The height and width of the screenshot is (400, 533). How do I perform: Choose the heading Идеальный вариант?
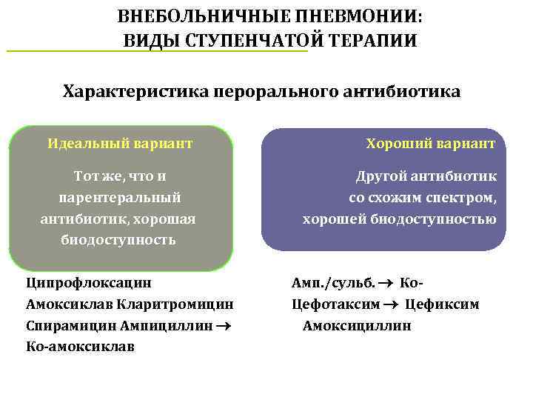[120, 142]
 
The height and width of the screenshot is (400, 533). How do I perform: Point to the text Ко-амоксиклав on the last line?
[80, 346]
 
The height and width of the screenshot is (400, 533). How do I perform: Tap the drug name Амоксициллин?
[356, 325]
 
